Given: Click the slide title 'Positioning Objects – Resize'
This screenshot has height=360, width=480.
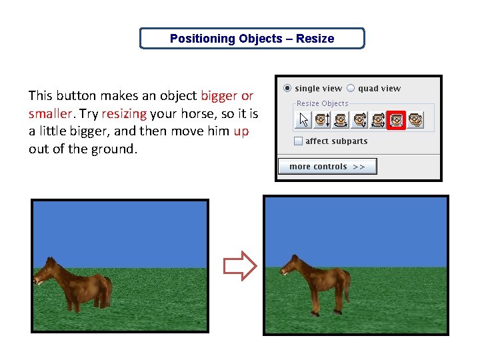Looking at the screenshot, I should click(252, 39).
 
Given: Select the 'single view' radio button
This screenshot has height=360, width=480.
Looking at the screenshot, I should click(287, 88).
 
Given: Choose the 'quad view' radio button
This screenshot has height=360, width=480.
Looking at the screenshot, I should click(351, 88).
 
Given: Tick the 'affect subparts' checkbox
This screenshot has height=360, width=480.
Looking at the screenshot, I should click(299, 141).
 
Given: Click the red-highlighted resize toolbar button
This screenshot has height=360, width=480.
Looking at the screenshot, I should click(397, 120).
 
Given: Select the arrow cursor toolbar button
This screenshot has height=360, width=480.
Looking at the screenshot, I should click(304, 120).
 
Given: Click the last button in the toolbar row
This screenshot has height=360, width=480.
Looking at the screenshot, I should click(416, 120).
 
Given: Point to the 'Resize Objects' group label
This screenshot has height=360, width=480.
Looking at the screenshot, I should click(322, 103).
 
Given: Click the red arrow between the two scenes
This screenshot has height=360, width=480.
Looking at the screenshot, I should click(239, 266).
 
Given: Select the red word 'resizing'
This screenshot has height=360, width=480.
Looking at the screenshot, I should click(123, 113).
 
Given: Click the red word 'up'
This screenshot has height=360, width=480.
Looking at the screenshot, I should click(241, 131).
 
